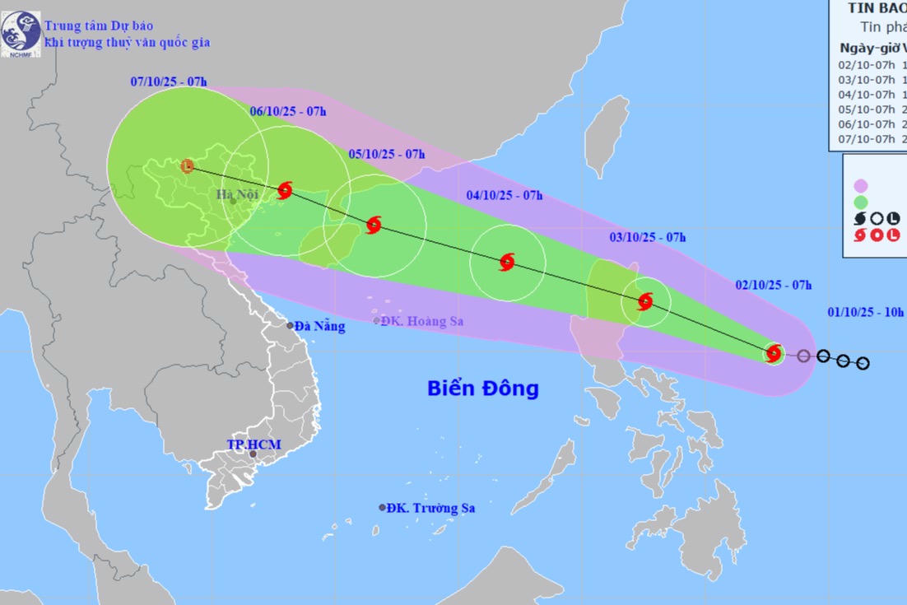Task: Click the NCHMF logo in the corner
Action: pos(21,34)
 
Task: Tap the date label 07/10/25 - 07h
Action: pos(169,81)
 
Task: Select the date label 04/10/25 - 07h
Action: pos(504,195)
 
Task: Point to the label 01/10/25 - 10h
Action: pos(865,312)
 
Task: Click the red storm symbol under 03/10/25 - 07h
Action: pos(645,301)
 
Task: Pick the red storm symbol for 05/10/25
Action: pos(374,224)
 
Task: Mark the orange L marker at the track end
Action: pos(188,166)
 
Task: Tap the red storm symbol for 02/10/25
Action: pos(773,353)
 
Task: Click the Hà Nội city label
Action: pos(237,194)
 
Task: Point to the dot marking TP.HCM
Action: pos(253,454)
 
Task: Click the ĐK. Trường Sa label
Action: pos(432,508)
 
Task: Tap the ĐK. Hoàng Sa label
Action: pos(422,321)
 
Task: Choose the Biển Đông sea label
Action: pos(482,388)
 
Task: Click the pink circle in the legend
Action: pos(861,185)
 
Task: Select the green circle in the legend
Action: pos(861,202)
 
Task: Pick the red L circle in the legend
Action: pos(894,235)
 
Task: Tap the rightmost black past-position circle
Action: pos(863,363)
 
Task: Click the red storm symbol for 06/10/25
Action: pos(285,190)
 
